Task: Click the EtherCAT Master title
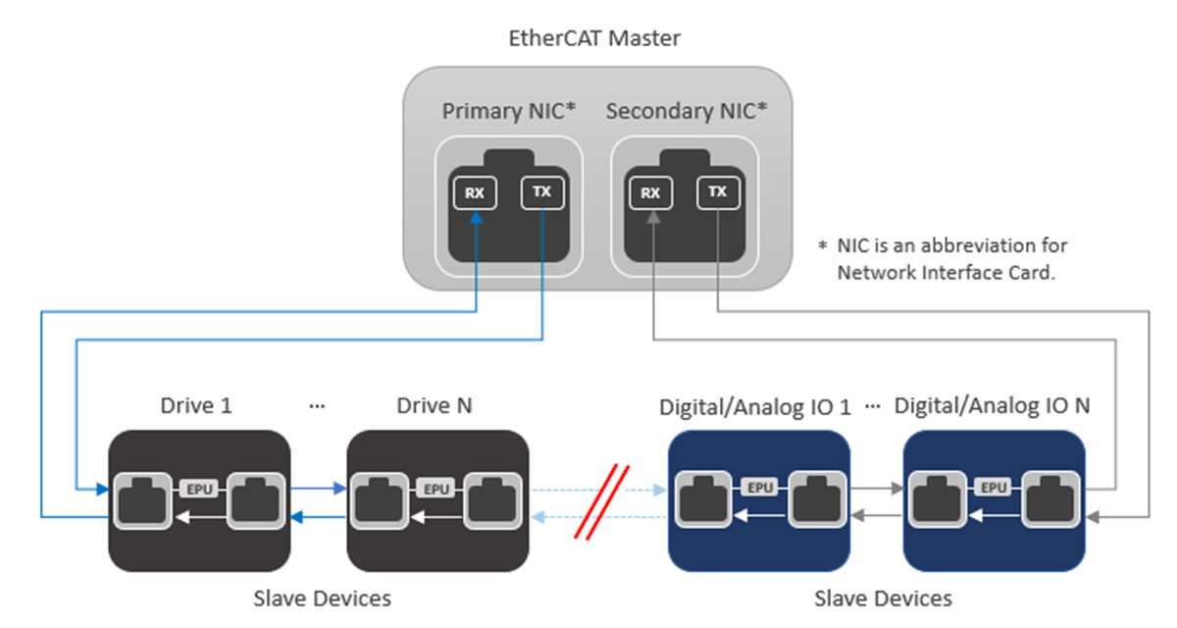click(594, 39)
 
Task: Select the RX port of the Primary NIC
click(475, 192)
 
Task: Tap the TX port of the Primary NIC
click(541, 192)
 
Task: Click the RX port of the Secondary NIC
click(650, 192)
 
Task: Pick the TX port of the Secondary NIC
click(718, 192)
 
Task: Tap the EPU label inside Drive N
click(435, 487)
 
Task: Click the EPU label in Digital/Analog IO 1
click(757, 487)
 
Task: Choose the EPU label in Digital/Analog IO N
click(994, 487)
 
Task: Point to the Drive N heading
click(435, 405)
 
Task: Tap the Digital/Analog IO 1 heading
click(755, 405)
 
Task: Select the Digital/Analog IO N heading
click(993, 405)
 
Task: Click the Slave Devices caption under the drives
click(322, 598)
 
